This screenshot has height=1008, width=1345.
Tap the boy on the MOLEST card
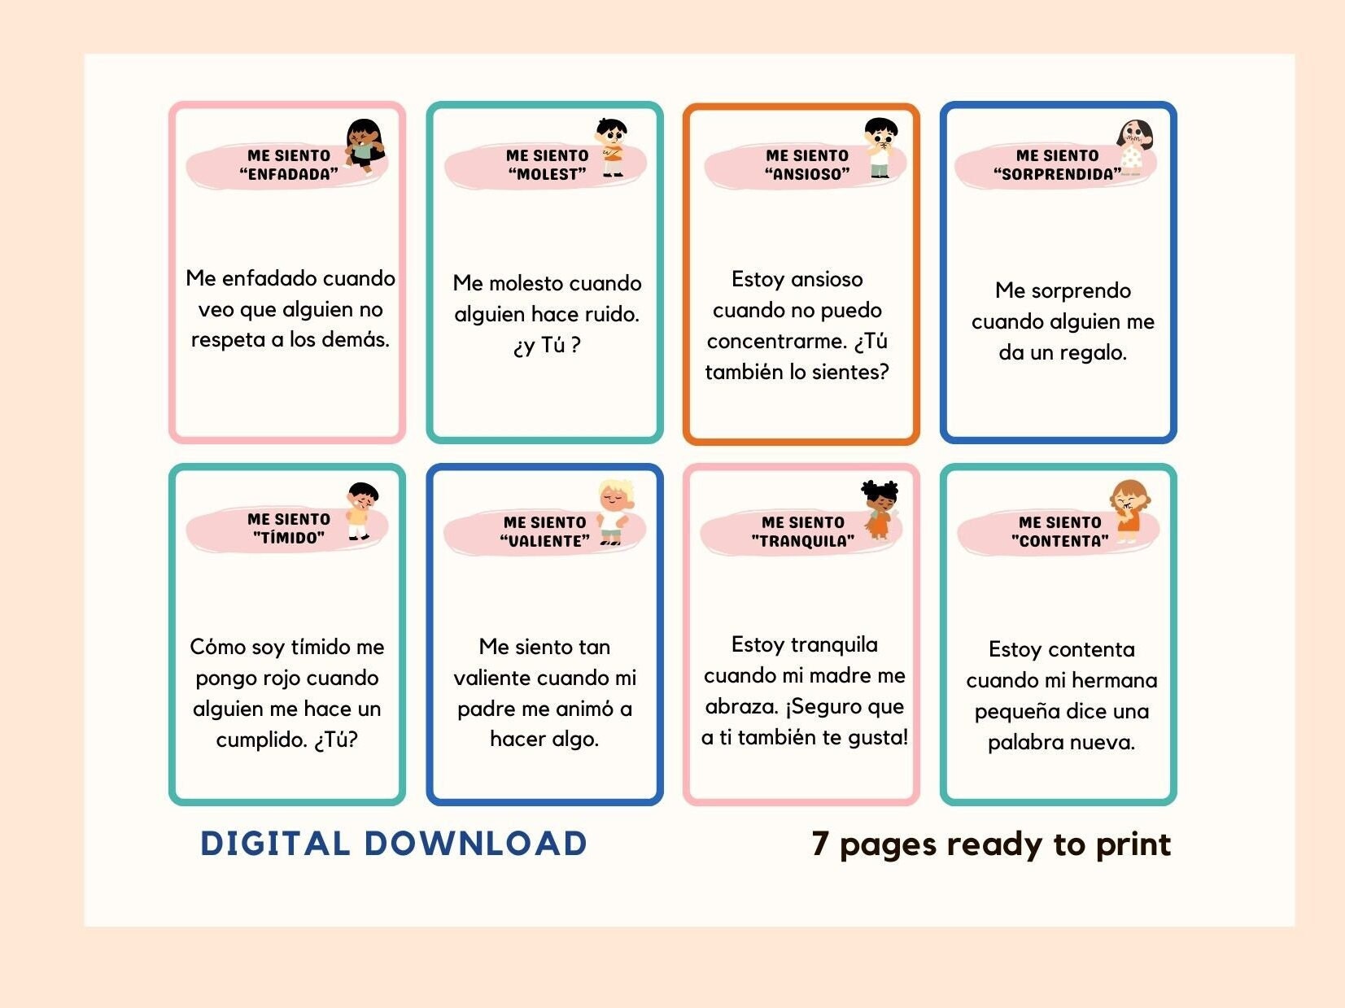(x=612, y=147)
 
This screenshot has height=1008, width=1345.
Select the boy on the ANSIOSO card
(x=880, y=147)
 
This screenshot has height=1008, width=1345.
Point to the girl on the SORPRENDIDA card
(x=1133, y=147)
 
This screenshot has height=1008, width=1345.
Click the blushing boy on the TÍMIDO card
(x=360, y=511)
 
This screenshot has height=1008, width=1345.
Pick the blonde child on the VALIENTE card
(x=614, y=513)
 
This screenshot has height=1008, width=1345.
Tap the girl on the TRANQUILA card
(x=880, y=509)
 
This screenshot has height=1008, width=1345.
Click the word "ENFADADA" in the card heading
(x=289, y=174)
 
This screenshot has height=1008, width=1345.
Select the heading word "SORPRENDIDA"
(x=1057, y=174)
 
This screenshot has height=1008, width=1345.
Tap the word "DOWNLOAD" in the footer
(x=475, y=844)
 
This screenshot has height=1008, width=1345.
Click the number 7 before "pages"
(x=820, y=844)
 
